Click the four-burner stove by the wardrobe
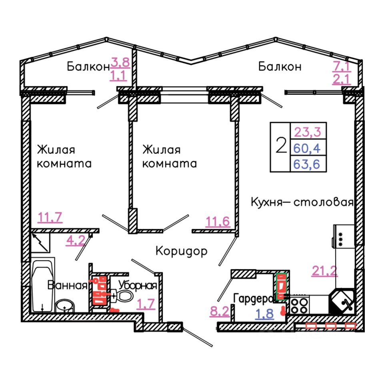click(x=299, y=305)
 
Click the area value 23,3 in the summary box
click(x=308, y=131)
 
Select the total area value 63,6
click(x=308, y=164)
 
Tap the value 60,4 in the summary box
click(x=308, y=148)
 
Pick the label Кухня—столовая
click(x=302, y=202)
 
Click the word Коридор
click(x=181, y=251)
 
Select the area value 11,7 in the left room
click(x=50, y=218)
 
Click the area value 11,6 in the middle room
click(x=218, y=221)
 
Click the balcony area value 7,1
click(x=342, y=65)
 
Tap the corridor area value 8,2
click(x=220, y=311)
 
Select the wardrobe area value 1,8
click(x=265, y=314)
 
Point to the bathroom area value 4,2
click(x=75, y=241)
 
